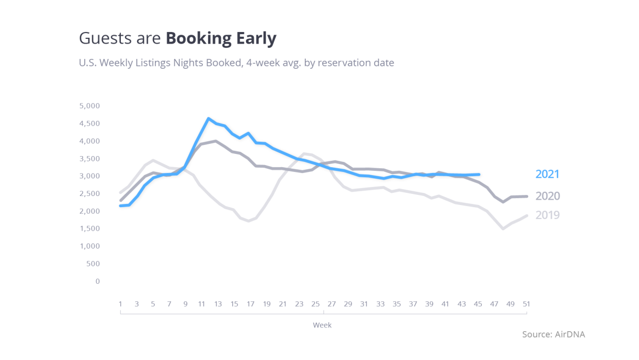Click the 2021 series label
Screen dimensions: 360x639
547,174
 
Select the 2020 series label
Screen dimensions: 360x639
547,196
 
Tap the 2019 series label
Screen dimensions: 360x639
547,215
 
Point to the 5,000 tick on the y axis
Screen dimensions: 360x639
89,106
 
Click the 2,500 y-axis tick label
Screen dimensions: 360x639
89,194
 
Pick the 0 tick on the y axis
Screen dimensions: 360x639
97,281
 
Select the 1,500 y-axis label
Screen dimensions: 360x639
89,229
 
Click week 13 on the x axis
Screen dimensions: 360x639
218,304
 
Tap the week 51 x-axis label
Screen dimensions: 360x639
526,304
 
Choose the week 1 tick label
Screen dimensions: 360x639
120,304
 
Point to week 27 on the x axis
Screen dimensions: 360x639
331,304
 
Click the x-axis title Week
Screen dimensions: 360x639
322,325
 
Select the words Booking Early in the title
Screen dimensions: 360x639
221,38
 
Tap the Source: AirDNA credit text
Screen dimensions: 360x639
553,334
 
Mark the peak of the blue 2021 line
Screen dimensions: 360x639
209,118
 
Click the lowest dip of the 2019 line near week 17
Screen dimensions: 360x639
249,221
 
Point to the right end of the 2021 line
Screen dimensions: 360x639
479,174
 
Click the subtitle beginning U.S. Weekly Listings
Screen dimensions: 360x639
236,63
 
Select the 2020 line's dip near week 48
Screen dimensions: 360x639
503,202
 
